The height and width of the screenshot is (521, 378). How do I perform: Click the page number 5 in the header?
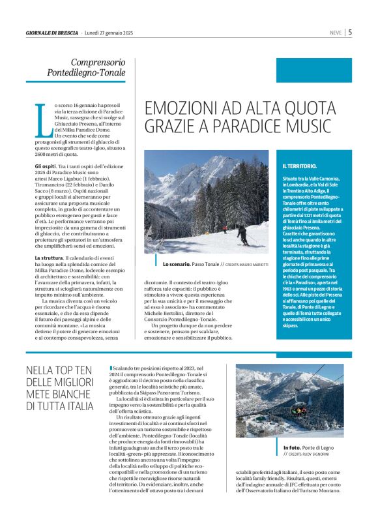(350, 31)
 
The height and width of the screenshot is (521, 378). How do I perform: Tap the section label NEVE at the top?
(336, 32)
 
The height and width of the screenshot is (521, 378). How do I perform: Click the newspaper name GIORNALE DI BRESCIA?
(51, 32)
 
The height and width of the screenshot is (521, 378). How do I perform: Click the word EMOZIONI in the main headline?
(175, 108)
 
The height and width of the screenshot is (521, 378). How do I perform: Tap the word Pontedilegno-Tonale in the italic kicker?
(86, 73)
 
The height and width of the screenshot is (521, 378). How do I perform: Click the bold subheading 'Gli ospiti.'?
(47, 168)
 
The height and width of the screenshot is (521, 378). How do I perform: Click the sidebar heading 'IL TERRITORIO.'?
(300, 166)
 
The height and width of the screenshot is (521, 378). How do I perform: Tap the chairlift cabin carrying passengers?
(299, 409)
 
